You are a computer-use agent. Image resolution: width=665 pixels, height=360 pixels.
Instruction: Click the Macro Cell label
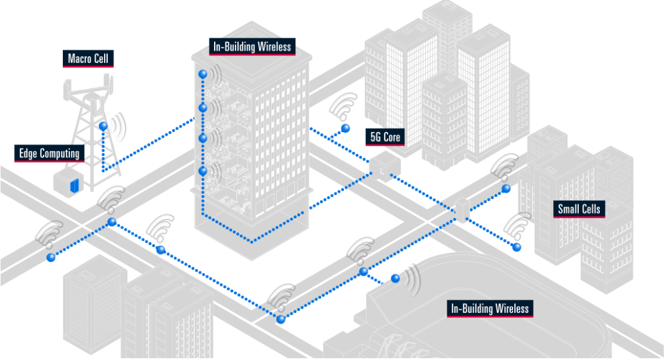[89, 59]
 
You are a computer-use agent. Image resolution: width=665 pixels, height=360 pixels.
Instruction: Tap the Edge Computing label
[49, 154]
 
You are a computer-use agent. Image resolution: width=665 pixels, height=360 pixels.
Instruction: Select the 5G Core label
[385, 137]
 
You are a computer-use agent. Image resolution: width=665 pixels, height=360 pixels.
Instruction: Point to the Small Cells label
[579, 209]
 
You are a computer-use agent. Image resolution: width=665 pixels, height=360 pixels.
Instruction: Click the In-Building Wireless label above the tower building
[252, 47]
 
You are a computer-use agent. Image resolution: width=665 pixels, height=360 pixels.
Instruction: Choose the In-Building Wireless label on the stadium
[490, 308]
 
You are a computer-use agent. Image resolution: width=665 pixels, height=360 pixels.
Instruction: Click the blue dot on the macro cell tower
[103, 126]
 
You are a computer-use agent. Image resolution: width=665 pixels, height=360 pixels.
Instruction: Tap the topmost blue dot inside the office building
[203, 74]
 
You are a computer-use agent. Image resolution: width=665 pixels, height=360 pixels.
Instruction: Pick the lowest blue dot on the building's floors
[203, 171]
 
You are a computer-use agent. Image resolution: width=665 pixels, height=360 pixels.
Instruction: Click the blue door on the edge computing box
[75, 186]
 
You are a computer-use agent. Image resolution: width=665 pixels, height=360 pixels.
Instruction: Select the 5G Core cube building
[385, 166]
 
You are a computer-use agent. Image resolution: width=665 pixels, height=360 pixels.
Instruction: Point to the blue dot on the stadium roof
[395, 279]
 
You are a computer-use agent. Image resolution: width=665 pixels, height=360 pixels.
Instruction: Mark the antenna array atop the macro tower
[89, 90]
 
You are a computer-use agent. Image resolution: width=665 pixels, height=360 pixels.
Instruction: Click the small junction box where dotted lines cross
[462, 210]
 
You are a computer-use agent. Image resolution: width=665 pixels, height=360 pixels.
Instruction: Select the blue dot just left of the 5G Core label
[346, 128]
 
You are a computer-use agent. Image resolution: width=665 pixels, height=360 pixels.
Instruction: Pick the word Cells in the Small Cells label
[591, 209]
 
